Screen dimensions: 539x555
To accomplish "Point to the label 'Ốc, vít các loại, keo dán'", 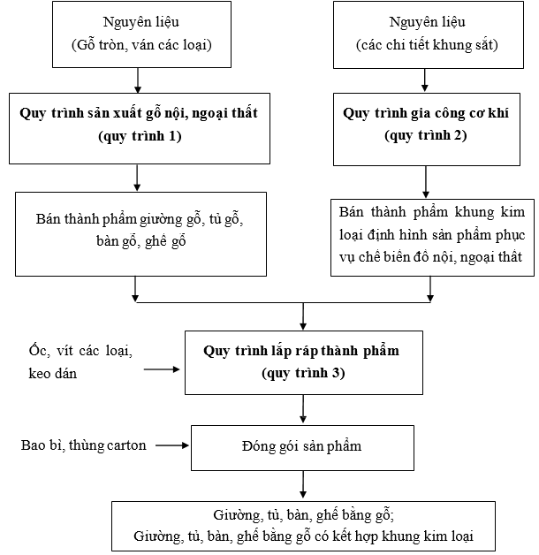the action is [80, 361].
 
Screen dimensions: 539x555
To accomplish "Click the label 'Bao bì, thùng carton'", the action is [84, 445].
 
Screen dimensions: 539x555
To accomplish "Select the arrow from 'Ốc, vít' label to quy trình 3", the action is [162, 369].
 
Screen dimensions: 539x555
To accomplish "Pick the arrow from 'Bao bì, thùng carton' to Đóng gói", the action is [172, 445].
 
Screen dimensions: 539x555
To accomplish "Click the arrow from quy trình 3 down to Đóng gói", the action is [303, 409].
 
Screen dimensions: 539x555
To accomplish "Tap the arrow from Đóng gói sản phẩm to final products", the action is [303, 484].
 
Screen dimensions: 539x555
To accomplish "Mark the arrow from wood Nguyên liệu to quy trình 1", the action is [138, 80].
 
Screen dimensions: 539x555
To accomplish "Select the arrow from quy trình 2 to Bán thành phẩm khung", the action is [426, 182].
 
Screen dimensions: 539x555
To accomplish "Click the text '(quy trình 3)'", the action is [303, 373].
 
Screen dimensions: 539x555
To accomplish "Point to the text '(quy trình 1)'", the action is [140, 136].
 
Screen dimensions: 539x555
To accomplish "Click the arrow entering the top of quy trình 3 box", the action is [303, 316].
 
